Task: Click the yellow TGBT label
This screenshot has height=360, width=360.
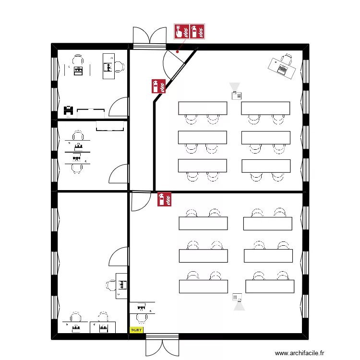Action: [137, 330]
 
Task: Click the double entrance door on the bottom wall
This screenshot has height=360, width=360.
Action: [163, 345]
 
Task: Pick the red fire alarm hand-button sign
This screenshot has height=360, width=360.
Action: [181, 32]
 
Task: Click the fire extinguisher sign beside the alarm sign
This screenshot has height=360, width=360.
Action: [198, 32]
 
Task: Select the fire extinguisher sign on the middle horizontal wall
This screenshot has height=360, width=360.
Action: [165, 199]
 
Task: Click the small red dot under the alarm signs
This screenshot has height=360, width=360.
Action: [178, 51]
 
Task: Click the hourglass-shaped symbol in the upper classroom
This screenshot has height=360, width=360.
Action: [234, 87]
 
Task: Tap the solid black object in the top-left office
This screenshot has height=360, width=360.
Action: [68, 111]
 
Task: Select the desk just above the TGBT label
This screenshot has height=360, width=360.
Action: [142, 307]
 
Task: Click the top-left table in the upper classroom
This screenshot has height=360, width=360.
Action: [202, 108]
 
